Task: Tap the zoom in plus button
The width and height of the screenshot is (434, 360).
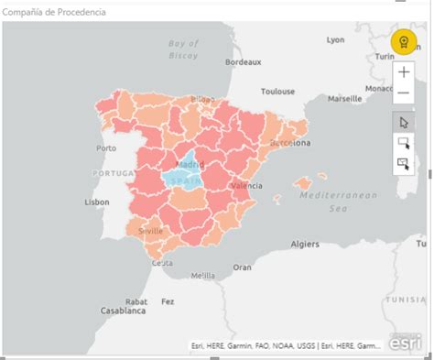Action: coord(404,71)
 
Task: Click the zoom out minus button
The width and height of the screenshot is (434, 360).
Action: coord(404,93)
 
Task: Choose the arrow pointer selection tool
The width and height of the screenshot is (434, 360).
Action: coord(404,122)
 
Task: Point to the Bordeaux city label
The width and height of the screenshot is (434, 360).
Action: coord(244,62)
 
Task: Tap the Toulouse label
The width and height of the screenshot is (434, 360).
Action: coord(277,92)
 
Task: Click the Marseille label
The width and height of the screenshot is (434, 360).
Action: coord(345,98)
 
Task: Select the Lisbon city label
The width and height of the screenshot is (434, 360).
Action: coord(97,202)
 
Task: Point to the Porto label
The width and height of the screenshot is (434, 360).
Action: coord(106,147)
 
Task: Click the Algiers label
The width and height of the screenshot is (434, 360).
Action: coord(305,245)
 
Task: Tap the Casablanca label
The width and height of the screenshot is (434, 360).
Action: coord(122,311)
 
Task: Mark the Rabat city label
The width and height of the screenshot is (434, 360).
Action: coord(136,300)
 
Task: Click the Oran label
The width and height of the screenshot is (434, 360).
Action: coord(242,267)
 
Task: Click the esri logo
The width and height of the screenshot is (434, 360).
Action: coord(404,344)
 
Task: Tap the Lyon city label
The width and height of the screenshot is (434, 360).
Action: coord(335,39)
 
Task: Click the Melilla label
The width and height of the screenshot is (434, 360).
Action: coord(202,275)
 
